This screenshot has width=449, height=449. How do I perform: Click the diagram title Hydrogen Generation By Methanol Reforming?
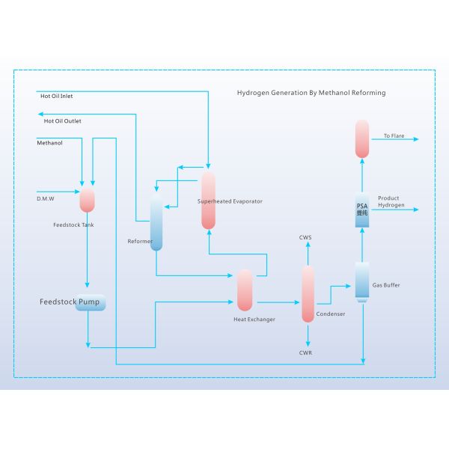click(x=311, y=93)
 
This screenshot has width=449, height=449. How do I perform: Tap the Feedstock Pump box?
click(x=90, y=303)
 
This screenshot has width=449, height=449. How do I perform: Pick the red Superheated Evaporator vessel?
click(x=208, y=201)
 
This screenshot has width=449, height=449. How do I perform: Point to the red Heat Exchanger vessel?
click(x=245, y=290)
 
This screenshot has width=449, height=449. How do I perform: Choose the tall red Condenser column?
click(x=308, y=294)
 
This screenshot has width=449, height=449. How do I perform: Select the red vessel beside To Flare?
click(x=362, y=138)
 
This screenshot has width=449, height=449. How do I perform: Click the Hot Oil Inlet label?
click(x=56, y=96)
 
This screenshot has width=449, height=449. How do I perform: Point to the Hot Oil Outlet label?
click(x=63, y=120)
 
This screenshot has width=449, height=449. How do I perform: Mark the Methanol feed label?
click(x=50, y=142)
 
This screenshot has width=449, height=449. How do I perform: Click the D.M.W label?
click(x=46, y=198)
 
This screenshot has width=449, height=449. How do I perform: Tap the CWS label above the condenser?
click(x=305, y=237)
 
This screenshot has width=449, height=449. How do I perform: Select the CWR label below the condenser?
click(x=305, y=352)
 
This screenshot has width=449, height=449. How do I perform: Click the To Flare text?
click(x=394, y=136)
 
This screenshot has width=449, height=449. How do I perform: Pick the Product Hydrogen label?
click(x=392, y=201)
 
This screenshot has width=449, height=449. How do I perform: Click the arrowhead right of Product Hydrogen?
click(x=417, y=211)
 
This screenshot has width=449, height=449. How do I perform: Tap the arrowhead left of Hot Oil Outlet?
click(x=40, y=114)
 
